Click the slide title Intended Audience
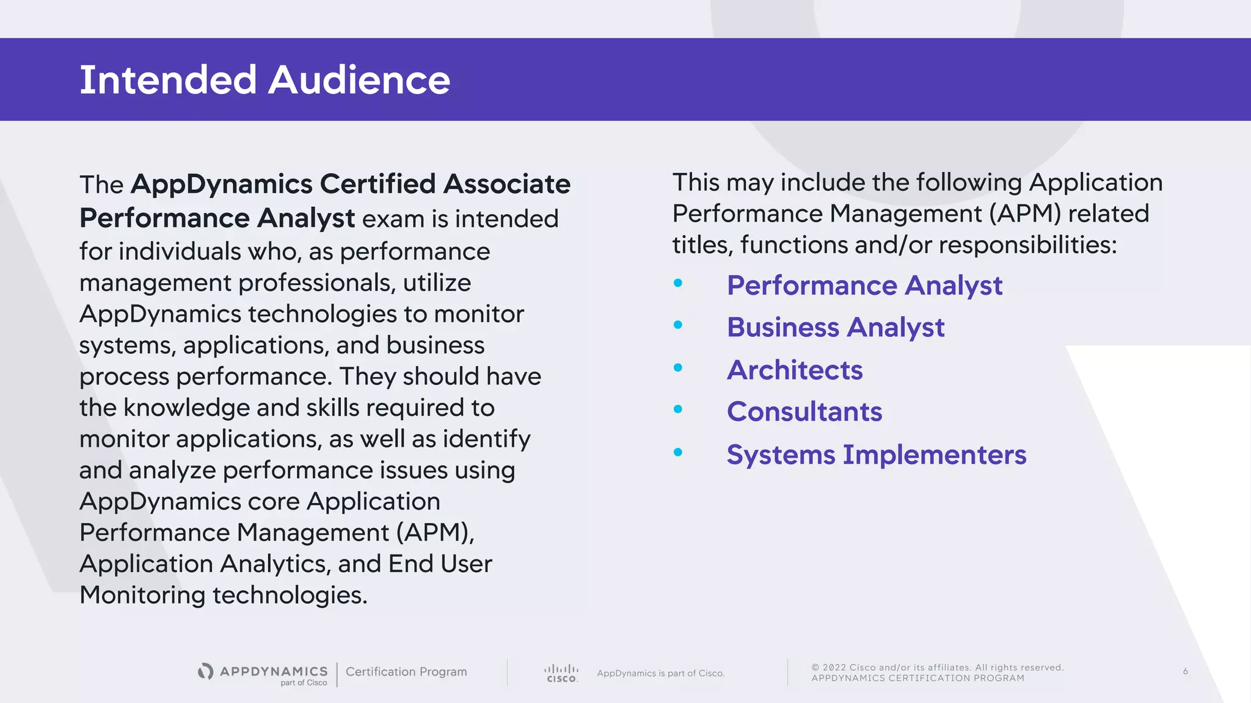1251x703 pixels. pos(264,80)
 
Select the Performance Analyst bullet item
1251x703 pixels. pos(864,286)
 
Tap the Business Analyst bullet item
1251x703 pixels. pos(836,328)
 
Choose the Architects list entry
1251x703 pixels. pos(795,370)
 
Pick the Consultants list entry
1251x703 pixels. pos(804,412)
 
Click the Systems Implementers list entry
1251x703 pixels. pos(877,455)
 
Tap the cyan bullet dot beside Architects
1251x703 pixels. pos(678,367)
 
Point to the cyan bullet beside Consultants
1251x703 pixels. pos(678,409)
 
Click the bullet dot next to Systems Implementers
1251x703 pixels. pos(678,452)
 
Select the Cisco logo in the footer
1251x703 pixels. pos(561,673)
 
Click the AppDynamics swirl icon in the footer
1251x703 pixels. pos(206,671)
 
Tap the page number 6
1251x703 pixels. pos(1185,671)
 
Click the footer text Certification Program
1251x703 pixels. pos(406,672)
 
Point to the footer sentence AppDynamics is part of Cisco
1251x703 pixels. pos(661,673)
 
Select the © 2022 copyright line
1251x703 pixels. pos(938,668)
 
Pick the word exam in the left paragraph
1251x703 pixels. pos(393,219)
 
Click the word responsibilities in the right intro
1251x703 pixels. pos(1028,245)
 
